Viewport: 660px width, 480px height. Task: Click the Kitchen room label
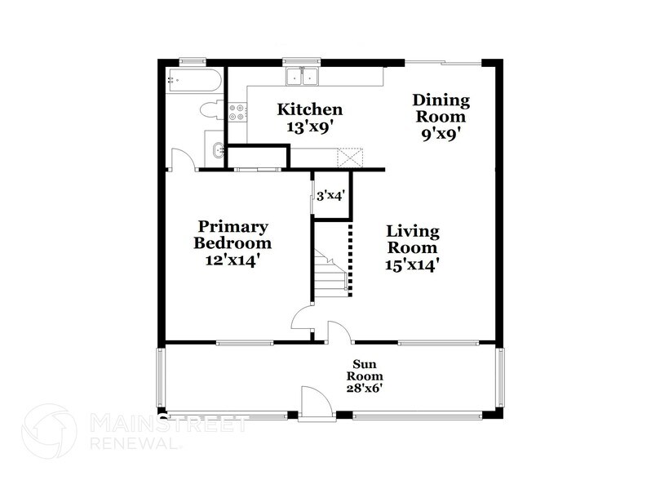click(x=309, y=109)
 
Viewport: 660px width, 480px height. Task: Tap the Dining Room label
click(x=441, y=108)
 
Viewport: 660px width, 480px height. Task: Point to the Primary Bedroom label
click(x=232, y=234)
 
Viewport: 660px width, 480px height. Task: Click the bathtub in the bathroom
click(x=193, y=82)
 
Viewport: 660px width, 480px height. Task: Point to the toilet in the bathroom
click(x=210, y=111)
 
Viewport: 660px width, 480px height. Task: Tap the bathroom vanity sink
click(x=216, y=150)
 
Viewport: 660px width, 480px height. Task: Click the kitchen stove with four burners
click(x=237, y=113)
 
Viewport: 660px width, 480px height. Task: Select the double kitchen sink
click(x=302, y=77)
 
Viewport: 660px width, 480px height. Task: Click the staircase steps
click(x=330, y=273)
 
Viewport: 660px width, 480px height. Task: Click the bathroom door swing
click(x=181, y=159)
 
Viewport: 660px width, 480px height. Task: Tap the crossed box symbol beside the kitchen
click(x=350, y=157)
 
